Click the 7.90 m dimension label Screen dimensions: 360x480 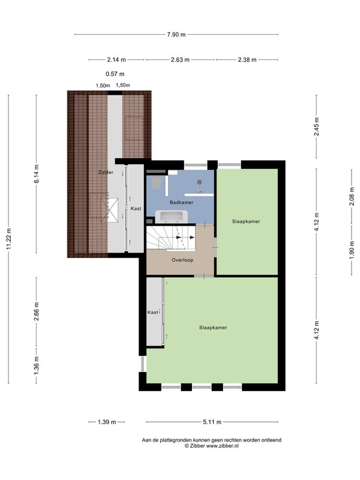click(x=176, y=35)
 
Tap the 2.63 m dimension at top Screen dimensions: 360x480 click(x=180, y=59)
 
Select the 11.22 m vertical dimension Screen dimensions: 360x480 click(x=8, y=239)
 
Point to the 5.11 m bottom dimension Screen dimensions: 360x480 click(x=212, y=422)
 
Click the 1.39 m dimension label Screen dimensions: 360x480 click(x=107, y=422)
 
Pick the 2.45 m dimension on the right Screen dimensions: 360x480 click(x=317, y=127)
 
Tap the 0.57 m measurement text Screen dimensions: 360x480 click(x=115, y=74)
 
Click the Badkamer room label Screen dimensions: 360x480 click(x=182, y=202)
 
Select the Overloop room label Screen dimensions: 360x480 click(x=182, y=260)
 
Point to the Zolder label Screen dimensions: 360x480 click(x=106, y=172)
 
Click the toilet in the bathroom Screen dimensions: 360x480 click(x=157, y=182)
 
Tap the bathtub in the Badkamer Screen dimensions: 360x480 click(x=172, y=216)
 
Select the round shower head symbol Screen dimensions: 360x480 click(x=200, y=182)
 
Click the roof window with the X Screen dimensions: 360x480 click(x=109, y=209)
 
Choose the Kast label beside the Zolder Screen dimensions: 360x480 click(x=136, y=208)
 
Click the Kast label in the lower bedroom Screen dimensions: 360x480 click(x=153, y=312)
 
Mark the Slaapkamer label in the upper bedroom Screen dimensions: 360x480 click(x=246, y=221)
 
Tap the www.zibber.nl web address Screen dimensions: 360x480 click(x=222, y=446)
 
